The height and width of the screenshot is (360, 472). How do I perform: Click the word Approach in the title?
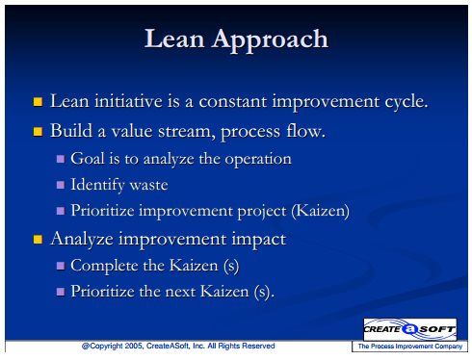coord(270,40)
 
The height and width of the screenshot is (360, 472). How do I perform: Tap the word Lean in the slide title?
coord(174,39)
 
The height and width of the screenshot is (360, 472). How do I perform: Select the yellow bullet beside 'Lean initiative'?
coord(38,102)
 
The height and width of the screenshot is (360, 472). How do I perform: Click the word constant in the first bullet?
coord(233,102)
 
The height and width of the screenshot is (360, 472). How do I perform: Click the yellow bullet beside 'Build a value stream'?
coord(38,132)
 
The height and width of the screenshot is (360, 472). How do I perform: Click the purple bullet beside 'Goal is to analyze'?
coord(61,159)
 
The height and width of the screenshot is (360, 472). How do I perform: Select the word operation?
coord(258,160)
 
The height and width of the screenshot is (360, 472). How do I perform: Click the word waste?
coord(148,185)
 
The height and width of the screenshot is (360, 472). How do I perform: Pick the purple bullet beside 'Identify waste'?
coord(61,185)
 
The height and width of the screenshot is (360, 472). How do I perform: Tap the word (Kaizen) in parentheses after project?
coord(320,211)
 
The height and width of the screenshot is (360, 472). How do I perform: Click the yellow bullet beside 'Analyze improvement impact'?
coord(38,240)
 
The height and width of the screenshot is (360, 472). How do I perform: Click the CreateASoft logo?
coord(410,329)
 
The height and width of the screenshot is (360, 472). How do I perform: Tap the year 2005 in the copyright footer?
coord(134,346)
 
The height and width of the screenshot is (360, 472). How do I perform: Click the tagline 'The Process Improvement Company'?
coord(410,347)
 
